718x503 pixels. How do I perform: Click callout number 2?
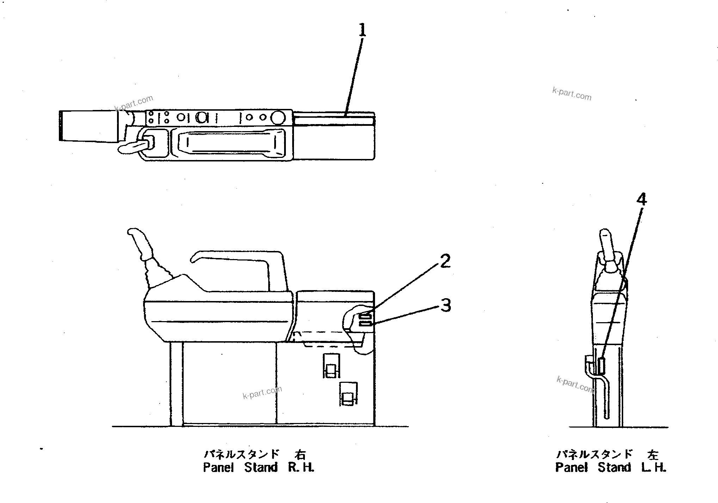(445, 261)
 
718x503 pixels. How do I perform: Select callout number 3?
(446, 305)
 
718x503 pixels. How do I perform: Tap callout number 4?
(642, 200)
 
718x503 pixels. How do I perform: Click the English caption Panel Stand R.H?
(258, 468)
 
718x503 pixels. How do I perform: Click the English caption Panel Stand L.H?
(610, 468)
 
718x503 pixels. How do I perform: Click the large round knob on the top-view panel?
(278, 117)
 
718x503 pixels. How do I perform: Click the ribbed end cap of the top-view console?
(61, 126)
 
